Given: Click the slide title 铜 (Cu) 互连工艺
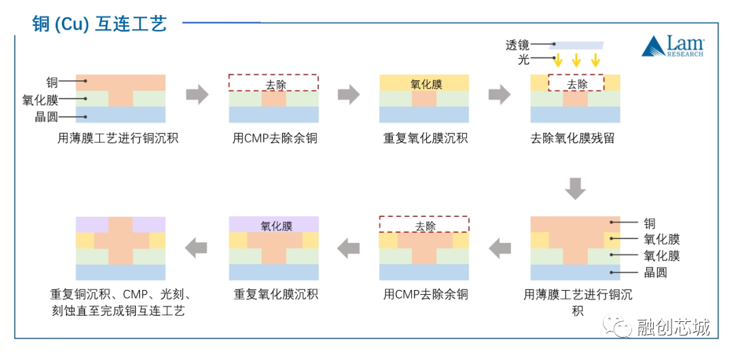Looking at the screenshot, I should pos(99,24).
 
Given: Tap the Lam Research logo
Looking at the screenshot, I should pos(673,46).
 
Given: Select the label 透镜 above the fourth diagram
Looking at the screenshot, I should pos(517,45).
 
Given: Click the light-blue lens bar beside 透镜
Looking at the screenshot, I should pos(576,45).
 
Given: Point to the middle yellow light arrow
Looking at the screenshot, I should pos(576,60).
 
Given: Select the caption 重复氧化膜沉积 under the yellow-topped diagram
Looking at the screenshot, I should pos(425,139).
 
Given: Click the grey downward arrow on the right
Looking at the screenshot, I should pos(576,188).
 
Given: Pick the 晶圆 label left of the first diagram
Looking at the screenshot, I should pos(46,116).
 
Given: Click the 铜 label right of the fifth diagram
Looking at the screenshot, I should pos(650,223).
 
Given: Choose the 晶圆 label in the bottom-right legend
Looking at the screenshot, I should pos(655,272).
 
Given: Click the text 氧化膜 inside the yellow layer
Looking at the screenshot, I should pos(426,84).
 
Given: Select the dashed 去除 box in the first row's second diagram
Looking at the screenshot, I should pos(273,83).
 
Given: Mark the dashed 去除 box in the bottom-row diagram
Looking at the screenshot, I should pos(424,225).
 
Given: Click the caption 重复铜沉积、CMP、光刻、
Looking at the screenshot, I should pos(122,295).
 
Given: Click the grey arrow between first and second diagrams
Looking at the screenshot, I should pos(197,94).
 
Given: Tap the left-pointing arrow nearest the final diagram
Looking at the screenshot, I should pos(197,248).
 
